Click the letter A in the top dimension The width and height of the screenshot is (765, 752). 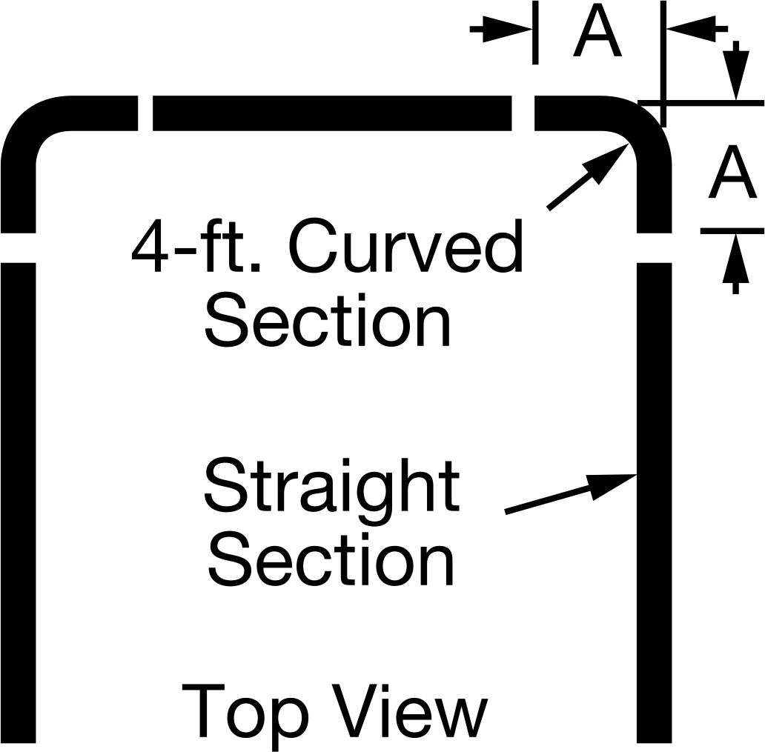click(x=597, y=30)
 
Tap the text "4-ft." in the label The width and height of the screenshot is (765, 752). click(x=196, y=246)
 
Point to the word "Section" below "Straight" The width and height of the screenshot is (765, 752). click(x=331, y=560)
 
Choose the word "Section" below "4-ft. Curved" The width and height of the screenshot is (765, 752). click(x=328, y=320)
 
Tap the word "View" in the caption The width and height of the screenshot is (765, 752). click(x=410, y=711)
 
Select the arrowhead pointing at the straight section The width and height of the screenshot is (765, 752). click(x=612, y=487)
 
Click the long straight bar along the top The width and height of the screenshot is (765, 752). click(x=332, y=113)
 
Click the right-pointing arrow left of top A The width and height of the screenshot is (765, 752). click(x=501, y=29)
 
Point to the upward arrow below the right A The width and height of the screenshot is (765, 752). click(x=736, y=264)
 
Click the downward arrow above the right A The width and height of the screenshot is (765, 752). click(x=736, y=70)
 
